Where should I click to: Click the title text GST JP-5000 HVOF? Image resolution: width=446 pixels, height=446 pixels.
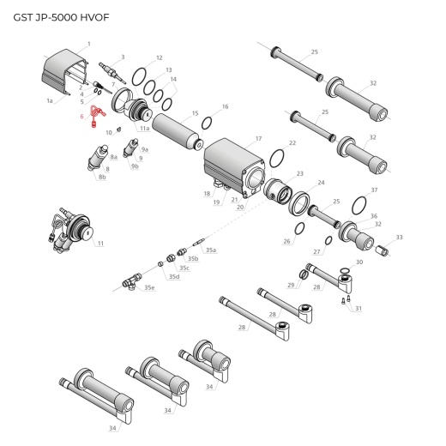(62, 17)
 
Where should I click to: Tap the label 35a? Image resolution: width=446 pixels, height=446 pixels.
(210, 250)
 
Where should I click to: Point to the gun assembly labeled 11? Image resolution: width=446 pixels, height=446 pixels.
(74, 230)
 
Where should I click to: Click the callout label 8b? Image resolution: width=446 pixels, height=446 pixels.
(102, 177)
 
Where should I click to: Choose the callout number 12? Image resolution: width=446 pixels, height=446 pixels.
(159, 57)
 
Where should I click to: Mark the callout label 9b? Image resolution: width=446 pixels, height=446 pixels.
(135, 166)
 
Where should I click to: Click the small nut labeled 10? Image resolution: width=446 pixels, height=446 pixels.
(118, 129)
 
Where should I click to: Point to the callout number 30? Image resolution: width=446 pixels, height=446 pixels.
(359, 262)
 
